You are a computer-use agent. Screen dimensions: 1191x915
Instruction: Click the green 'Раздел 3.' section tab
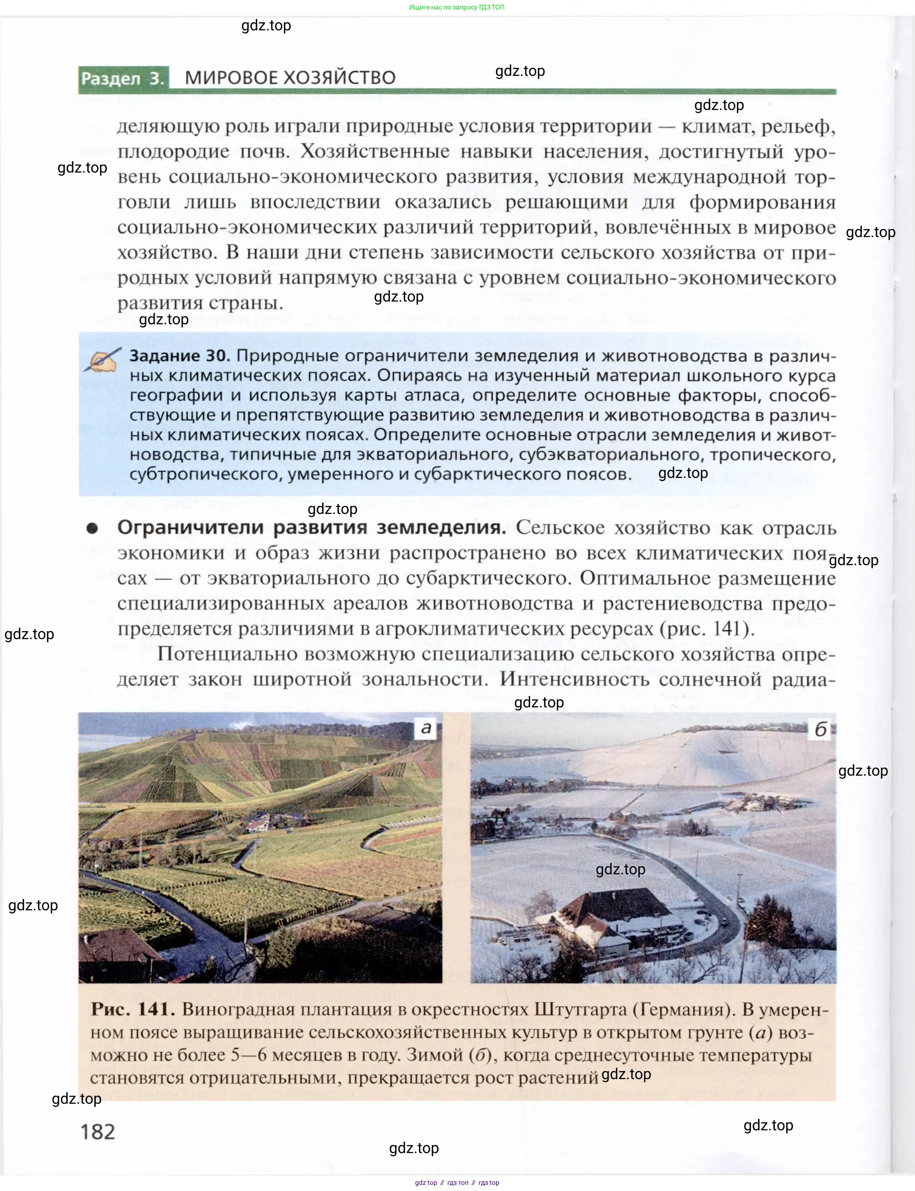tap(123, 78)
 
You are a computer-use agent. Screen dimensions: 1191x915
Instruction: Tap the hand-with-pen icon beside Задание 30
tap(102, 361)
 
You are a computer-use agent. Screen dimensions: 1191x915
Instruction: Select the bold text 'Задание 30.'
tap(179, 356)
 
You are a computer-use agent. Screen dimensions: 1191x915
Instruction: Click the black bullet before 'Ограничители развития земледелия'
tap(92, 528)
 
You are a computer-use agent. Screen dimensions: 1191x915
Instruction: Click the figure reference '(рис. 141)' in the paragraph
tap(707, 629)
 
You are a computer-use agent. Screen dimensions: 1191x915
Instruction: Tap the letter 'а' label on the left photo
tap(426, 728)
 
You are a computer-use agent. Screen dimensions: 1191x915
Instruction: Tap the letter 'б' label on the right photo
tap(820, 730)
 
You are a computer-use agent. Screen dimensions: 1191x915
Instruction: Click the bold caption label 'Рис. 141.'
tap(132, 1009)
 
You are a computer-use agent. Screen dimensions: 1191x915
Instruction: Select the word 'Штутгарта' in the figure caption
tap(580, 1009)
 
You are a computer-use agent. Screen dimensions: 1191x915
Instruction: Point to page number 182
tap(98, 1132)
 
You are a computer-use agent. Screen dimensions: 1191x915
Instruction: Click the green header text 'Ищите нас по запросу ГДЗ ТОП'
tap(456, 7)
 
